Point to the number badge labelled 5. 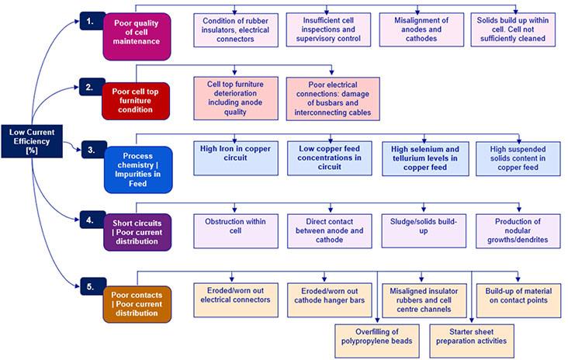[x=91, y=286]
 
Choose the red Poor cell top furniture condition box [x=135, y=99]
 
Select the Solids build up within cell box [x=513, y=29]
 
